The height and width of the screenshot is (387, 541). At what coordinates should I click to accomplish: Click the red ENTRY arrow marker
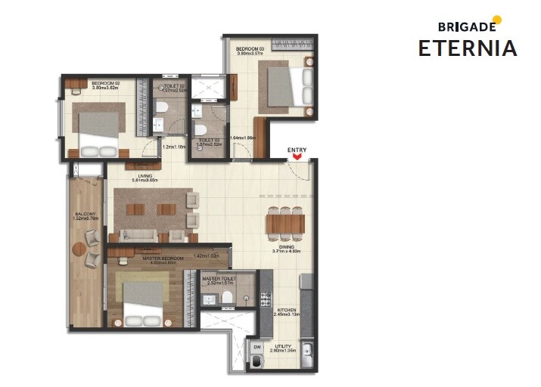[297, 158]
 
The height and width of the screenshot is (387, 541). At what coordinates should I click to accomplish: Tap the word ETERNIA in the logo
[468, 48]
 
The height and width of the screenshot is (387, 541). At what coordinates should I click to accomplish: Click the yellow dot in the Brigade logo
[496, 20]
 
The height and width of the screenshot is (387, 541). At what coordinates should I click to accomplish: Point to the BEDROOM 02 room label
[107, 82]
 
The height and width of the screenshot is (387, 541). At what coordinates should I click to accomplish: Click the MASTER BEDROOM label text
[163, 258]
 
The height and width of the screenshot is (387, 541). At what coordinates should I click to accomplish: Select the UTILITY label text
[284, 347]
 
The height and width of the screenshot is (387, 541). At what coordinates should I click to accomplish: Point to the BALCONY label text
[85, 215]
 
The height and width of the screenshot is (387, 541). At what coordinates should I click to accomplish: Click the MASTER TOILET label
[219, 279]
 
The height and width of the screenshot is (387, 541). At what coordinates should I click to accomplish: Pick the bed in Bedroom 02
[98, 130]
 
